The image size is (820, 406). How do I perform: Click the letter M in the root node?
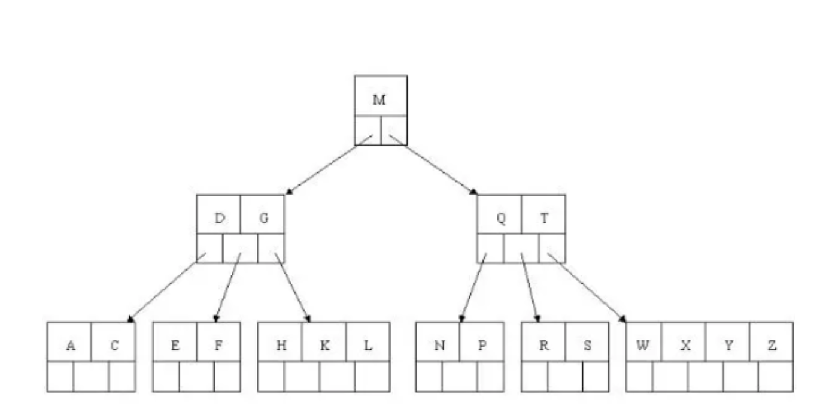tap(379, 100)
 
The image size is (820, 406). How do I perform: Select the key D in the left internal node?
tap(220, 219)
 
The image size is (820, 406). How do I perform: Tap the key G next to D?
tap(263, 219)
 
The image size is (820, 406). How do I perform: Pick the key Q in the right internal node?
tap(500, 219)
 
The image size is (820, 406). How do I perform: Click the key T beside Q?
tap(544, 219)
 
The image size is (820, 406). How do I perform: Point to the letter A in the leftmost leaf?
tap(71, 346)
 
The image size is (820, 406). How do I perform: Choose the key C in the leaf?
tap(114, 346)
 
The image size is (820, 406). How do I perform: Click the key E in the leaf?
tap(175, 346)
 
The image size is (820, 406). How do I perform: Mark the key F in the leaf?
tap(218, 346)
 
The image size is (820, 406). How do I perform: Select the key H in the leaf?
tap(281, 346)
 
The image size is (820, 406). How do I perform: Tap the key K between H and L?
tap(324, 346)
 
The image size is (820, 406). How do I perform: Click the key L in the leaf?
tap(368, 346)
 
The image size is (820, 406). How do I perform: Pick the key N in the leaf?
tap(439, 346)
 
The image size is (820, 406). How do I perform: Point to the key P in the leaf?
tap(482, 346)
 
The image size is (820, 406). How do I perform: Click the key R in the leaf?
tap(543, 346)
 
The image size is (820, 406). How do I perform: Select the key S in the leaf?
tap(587, 346)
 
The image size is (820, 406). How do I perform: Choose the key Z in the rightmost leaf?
tap(772, 346)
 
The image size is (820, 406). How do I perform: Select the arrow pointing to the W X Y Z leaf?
tap(587, 287)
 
